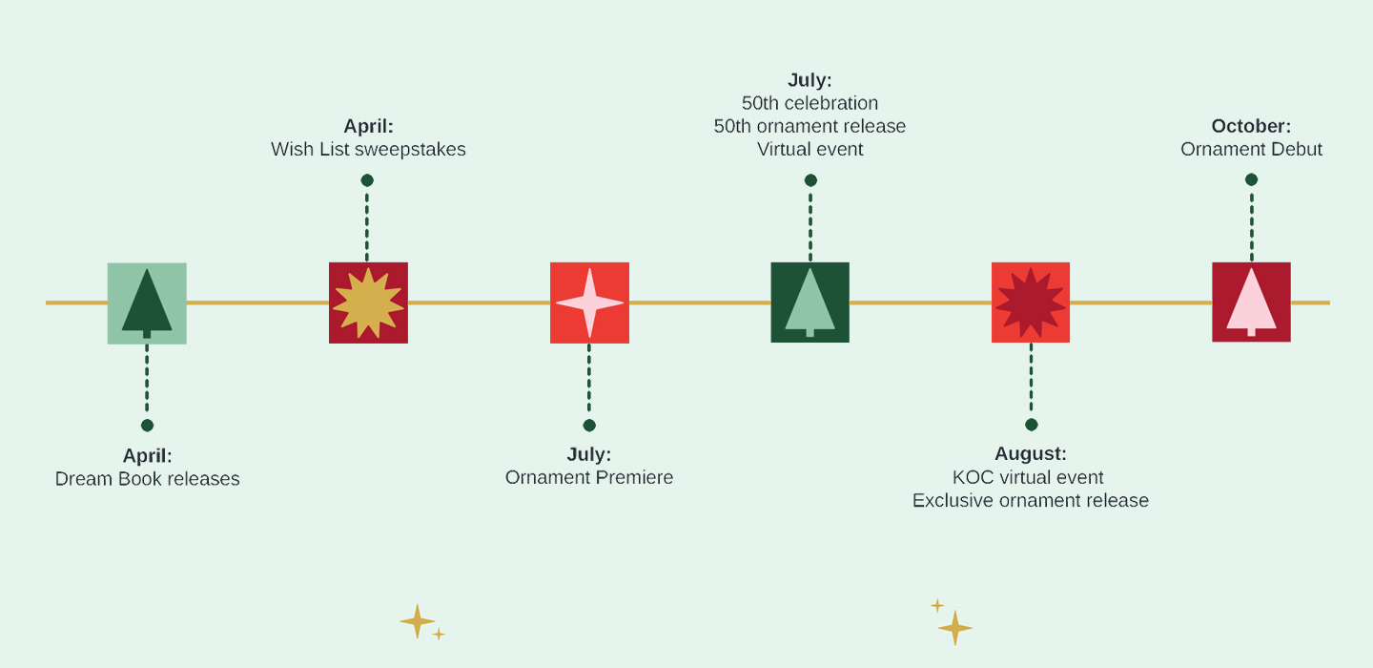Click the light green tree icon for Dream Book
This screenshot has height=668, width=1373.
[147, 303]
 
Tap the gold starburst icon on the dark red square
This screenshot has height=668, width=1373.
[368, 303]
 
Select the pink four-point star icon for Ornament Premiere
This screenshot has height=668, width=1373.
[589, 303]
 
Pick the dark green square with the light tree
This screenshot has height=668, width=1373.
[809, 303]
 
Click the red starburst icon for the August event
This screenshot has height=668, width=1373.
[1031, 303]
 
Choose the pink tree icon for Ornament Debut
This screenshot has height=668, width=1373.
[1251, 302]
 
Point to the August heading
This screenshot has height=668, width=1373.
[1031, 454]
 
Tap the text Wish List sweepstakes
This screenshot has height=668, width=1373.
[368, 150]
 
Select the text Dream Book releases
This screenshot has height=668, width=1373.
[148, 479]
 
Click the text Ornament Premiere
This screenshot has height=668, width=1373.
[589, 477]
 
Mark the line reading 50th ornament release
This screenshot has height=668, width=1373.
[809, 126]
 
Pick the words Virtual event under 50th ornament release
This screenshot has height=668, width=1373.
[809, 150]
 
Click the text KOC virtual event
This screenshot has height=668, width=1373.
[1028, 477]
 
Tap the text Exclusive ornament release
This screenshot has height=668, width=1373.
[1031, 501]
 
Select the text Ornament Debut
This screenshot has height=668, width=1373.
[1251, 150]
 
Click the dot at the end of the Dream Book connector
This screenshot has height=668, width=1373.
[147, 426]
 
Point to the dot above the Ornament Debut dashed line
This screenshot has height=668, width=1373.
[1251, 179]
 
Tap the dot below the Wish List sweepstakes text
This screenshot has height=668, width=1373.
[367, 180]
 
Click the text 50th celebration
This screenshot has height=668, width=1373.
[809, 103]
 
